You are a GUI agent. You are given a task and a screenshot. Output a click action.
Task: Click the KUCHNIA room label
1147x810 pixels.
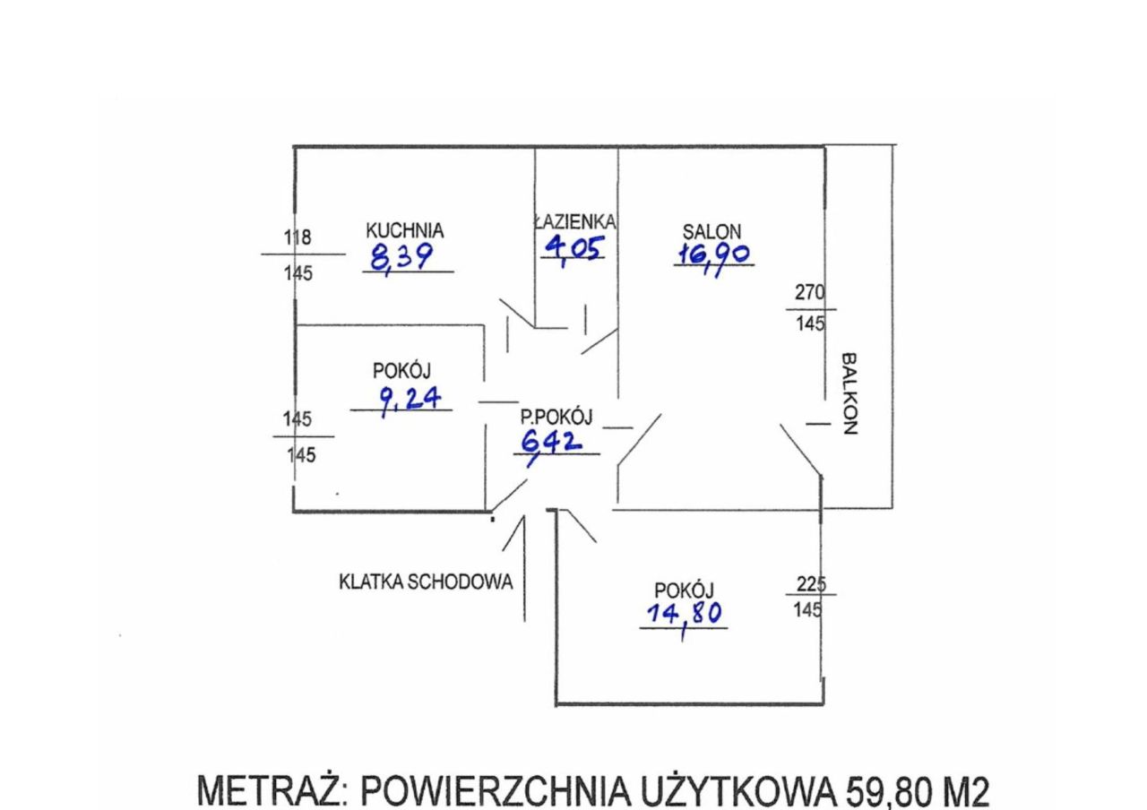pyautogui.click(x=404, y=231)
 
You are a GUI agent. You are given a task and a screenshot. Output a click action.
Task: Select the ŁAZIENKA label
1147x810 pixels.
pyautogui.click(x=574, y=221)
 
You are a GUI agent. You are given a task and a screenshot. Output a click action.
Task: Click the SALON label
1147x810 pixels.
pyautogui.click(x=711, y=231)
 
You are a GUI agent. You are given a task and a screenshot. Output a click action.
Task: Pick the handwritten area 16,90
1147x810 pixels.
pyautogui.click(x=713, y=254)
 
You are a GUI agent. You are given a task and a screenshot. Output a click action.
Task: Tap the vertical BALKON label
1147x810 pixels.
pyautogui.click(x=849, y=393)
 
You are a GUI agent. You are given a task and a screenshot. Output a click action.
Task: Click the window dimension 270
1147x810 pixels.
pyautogui.click(x=809, y=293)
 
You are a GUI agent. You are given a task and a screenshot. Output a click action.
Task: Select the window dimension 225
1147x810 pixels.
pyautogui.click(x=810, y=584)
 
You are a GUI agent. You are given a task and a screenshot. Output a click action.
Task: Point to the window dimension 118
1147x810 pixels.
pyautogui.click(x=298, y=238)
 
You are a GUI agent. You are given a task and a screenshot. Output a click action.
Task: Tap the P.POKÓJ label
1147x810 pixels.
pyautogui.click(x=556, y=417)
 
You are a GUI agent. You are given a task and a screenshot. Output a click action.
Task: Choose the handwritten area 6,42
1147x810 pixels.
pyautogui.click(x=552, y=441)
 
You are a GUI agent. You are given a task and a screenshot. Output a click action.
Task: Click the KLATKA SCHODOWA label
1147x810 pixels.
pyautogui.click(x=426, y=582)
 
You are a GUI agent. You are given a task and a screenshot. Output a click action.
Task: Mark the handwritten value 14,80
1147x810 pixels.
pyautogui.click(x=684, y=614)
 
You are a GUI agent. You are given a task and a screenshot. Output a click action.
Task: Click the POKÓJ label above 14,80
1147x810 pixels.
pyautogui.click(x=684, y=590)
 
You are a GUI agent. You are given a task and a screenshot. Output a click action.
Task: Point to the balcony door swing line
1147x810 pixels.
pyautogui.click(x=800, y=448)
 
